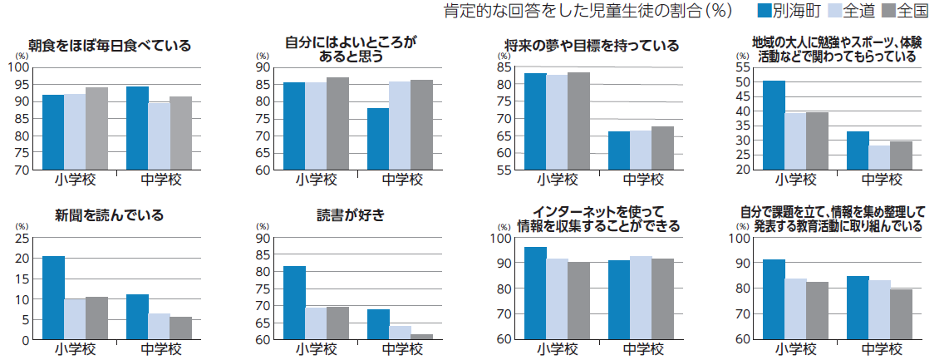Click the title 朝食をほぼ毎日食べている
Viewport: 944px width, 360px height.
[110, 46]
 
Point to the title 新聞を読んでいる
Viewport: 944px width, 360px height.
[110, 215]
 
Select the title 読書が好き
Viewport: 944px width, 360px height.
[351, 215]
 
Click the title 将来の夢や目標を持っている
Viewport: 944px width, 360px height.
[592, 46]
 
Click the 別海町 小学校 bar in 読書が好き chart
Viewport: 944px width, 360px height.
[294, 303]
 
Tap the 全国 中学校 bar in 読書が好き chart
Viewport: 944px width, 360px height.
[420, 337]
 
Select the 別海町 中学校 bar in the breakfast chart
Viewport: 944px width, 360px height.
[137, 128]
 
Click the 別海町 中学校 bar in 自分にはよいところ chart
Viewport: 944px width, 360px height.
[378, 139]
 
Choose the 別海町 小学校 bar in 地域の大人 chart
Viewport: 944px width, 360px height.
[774, 125]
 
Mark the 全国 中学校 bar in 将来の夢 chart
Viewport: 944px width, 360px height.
[662, 148]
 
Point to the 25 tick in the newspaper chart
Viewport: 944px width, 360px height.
[24, 238]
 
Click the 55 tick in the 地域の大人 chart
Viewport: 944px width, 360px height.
[744, 67]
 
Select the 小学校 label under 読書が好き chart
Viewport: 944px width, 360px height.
[316, 349]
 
